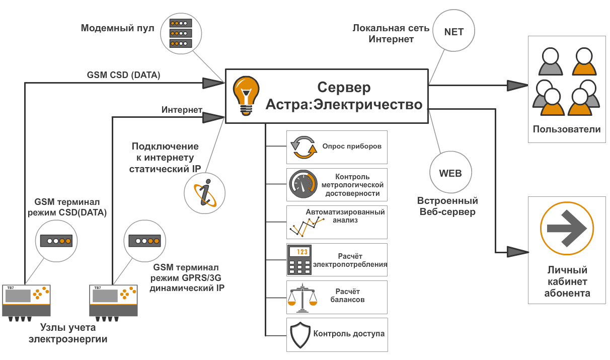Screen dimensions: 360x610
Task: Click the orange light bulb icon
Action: click(245, 93)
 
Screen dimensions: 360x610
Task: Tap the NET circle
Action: click(453, 32)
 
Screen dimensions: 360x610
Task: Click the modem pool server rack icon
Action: click(180, 33)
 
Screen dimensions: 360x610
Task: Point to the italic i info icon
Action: click(204, 193)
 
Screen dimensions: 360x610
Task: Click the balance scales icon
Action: click(302, 297)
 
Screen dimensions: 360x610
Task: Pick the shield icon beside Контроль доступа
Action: click(301, 334)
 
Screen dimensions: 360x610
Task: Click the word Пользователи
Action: click(567, 129)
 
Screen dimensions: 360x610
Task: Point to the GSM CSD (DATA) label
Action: click(124, 76)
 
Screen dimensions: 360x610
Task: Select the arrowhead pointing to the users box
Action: click(516, 86)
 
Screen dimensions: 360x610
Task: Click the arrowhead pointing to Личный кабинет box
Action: click(516, 251)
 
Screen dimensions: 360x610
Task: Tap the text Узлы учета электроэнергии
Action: click(68, 333)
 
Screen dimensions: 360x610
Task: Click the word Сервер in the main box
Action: click(345, 87)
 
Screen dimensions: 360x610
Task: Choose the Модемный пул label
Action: click(117, 27)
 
